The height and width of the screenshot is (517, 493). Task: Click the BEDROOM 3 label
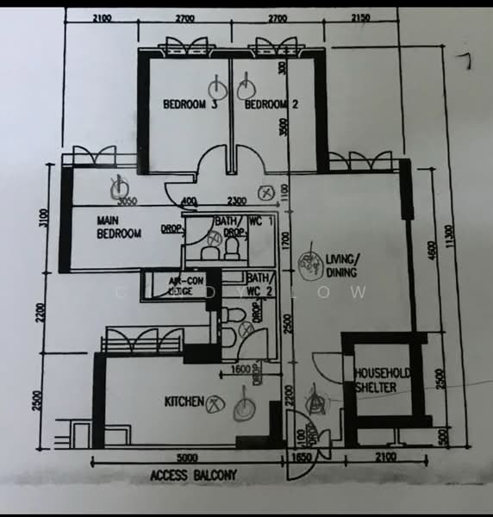pos(190,105)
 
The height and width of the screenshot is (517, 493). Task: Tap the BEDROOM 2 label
pos(271,105)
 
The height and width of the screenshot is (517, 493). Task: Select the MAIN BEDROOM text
pos(119,227)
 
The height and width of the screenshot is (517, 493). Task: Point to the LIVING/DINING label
pos(344,265)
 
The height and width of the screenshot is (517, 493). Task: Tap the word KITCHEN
pos(184,402)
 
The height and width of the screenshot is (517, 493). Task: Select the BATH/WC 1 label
pos(250,221)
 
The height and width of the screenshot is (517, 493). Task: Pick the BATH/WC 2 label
pos(259,283)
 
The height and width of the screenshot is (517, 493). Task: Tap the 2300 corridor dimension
pos(239,203)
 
